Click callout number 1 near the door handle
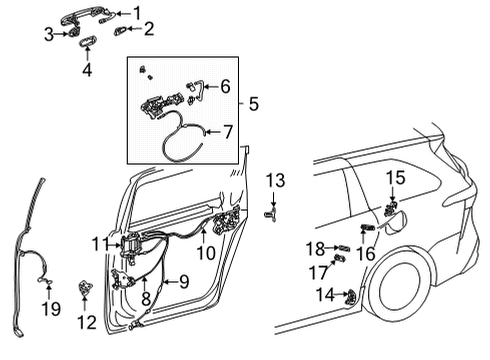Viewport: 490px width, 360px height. (x=137, y=13)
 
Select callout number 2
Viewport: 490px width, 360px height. (x=148, y=30)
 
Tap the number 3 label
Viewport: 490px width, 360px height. (x=48, y=36)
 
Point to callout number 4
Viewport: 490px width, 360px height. (x=86, y=70)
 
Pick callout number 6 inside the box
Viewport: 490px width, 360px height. (x=225, y=87)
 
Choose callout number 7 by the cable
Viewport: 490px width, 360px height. (x=226, y=131)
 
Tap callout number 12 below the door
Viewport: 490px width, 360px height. (x=86, y=322)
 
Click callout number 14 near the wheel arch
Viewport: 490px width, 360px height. (x=325, y=295)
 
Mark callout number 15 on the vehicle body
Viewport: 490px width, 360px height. (x=396, y=178)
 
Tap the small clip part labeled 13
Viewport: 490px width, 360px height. (x=271, y=213)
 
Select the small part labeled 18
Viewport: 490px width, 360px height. (x=342, y=247)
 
